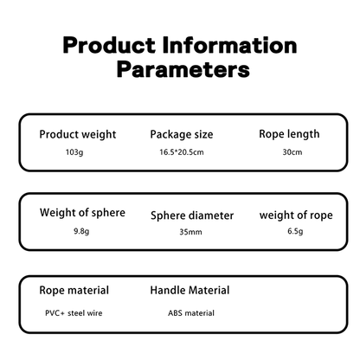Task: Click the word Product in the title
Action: [x=109, y=46]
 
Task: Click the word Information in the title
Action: [x=229, y=45]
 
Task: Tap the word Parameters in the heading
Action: [x=183, y=70]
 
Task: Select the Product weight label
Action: [x=78, y=135]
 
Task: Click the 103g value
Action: [x=74, y=152]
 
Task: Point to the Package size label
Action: [x=182, y=135]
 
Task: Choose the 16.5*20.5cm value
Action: [x=182, y=152]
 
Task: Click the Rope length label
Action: [x=289, y=134]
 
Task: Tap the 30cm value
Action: [x=292, y=152]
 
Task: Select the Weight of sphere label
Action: [x=82, y=213]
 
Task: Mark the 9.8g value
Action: [x=81, y=231]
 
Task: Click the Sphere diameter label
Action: [x=192, y=215]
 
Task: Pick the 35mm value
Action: [x=190, y=232]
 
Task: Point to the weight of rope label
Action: [x=296, y=215]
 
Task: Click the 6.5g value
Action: [x=295, y=231]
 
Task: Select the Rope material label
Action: [x=74, y=291]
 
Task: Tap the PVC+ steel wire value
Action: [x=74, y=313]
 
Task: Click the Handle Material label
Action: [x=190, y=290]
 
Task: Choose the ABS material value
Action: [x=191, y=313]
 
